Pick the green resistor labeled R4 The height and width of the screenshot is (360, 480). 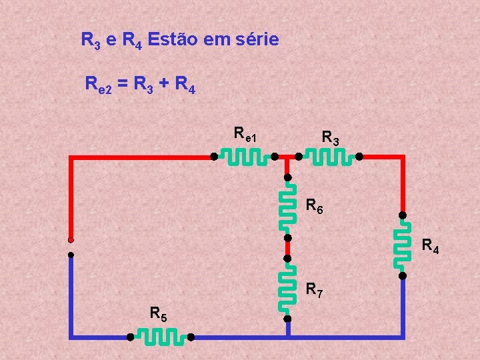click(402, 245)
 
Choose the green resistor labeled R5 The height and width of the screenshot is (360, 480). click(160, 337)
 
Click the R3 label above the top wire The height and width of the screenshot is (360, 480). click(331, 139)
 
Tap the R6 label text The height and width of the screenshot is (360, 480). click(315, 206)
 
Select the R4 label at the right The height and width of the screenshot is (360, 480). click(430, 247)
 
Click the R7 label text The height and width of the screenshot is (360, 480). click(315, 290)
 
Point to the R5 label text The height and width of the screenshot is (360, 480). click(159, 313)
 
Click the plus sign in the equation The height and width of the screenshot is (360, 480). click(163, 85)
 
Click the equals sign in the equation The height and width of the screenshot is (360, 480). click(124, 85)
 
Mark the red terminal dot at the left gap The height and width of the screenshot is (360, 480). click(70, 240)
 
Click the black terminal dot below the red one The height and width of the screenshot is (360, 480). click(70, 254)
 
